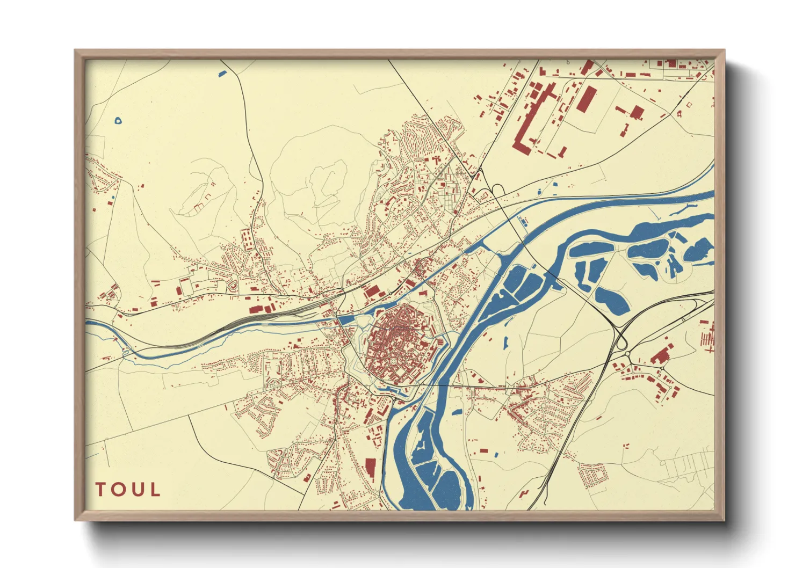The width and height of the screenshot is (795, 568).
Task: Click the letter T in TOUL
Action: point(100,490)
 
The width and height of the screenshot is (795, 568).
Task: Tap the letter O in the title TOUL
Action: point(119,490)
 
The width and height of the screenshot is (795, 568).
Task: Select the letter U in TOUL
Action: point(138,490)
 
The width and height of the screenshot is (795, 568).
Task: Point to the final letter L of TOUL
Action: point(155,490)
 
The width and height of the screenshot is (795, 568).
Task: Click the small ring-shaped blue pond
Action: point(119,121)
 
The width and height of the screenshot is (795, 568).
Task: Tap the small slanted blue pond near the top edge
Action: point(222,74)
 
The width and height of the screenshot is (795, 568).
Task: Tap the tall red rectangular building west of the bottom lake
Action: point(370,467)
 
